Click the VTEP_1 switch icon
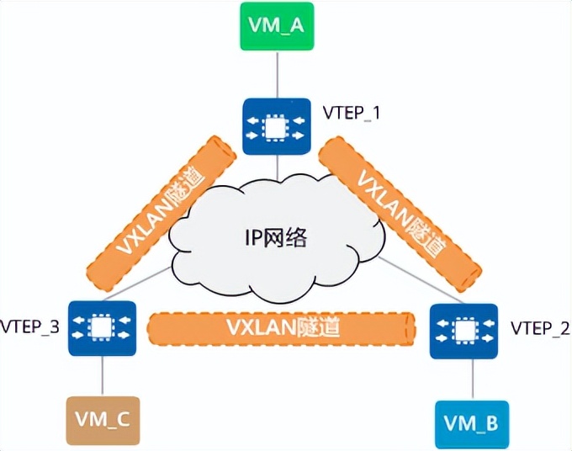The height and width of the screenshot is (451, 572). click(x=271, y=127)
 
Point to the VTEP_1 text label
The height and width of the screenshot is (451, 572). click(x=351, y=111)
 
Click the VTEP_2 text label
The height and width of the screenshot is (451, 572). click(x=534, y=328)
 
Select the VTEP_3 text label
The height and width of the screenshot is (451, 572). click(x=30, y=326)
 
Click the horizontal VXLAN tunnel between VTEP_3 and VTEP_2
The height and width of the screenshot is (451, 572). click(x=282, y=326)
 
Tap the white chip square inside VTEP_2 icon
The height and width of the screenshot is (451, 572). click(x=458, y=329)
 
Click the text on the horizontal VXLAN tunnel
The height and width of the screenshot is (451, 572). click(x=282, y=326)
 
